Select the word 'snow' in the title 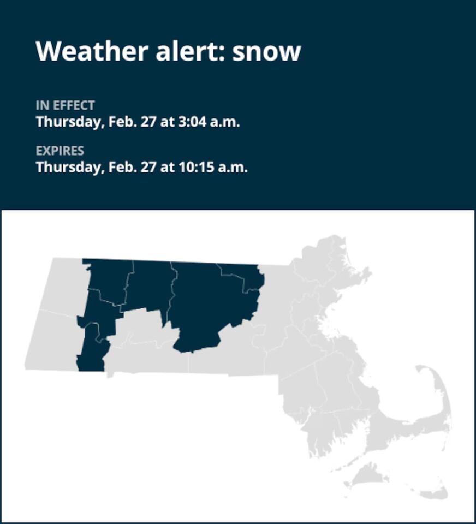click(267, 51)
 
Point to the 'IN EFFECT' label click(66, 105)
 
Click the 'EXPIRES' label click(60, 151)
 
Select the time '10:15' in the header click(197, 167)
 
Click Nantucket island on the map click(431, 492)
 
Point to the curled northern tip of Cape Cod click(425, 371)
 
